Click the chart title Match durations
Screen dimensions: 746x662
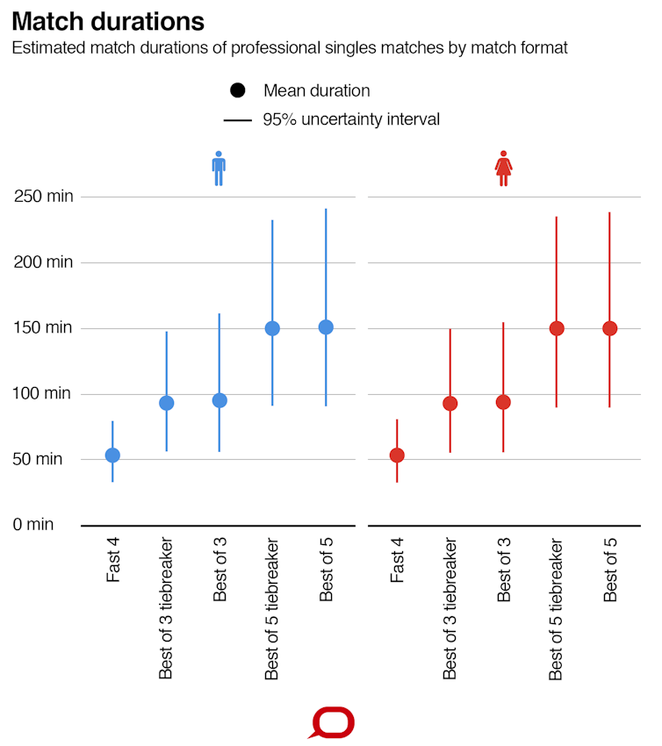(108, 21)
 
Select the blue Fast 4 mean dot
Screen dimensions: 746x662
(112, 455)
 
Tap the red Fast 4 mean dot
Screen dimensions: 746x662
(397, 455)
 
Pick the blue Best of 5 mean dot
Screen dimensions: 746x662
(326, 326)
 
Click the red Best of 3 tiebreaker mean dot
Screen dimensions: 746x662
(450, 404)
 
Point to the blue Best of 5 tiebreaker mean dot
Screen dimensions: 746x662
(272, 328)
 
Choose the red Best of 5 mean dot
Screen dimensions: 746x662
(609, 328)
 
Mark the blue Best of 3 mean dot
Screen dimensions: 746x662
(219, 400)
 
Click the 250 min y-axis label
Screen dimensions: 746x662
(44, 196)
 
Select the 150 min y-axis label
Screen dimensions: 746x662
(44, 327)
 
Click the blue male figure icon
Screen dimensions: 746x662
(219, 168)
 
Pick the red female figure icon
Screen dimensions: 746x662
(503, 168)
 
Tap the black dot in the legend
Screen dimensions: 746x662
(237, 90)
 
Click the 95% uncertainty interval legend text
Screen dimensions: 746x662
(351, 119)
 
